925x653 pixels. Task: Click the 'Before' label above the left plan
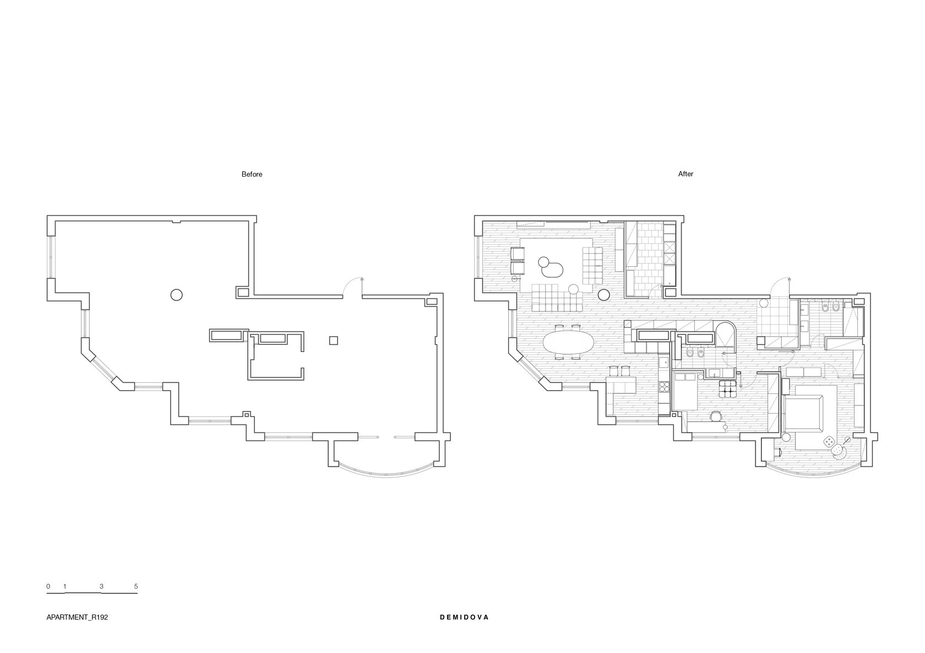click(x=252, y=174)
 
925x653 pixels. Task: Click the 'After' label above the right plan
click(x=685, y=174)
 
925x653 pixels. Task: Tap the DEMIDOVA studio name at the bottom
click(x=464, y=617)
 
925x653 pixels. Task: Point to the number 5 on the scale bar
click(x=136, y=586)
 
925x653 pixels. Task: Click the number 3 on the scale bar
click(x=101, y=586)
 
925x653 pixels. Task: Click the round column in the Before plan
click(x=176, y=295)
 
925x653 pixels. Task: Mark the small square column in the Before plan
click(x=333, y=341)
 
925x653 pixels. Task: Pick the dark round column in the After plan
click(x=604, y=295)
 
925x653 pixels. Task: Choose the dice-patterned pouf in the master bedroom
click(x=827, y=441)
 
